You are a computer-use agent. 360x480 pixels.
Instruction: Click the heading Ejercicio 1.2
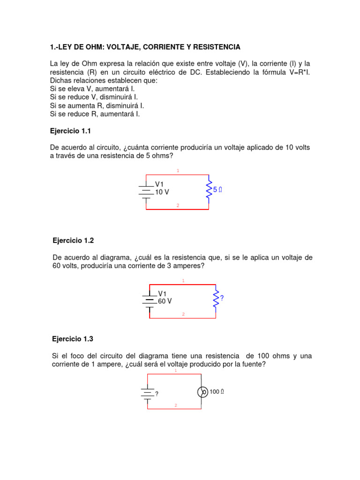tap(73, 240)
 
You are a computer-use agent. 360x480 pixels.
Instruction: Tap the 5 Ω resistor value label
tap(217, 190)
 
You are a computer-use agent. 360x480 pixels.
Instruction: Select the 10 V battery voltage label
tap(162, 192)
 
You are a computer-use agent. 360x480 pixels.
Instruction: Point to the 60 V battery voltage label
tap(165, 301)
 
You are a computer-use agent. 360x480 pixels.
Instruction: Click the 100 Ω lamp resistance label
tap(217, 392)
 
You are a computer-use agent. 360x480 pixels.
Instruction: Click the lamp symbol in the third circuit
tap(202, 392)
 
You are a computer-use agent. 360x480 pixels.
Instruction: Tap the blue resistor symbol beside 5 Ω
tap(209, 189)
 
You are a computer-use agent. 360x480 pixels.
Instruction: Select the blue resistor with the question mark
tap(216, 298)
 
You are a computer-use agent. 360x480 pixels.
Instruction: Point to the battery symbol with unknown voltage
tap(148, 392)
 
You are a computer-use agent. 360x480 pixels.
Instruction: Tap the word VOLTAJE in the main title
tap(124, 47)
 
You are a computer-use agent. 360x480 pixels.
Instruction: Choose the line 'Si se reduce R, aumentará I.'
tap(95, 114)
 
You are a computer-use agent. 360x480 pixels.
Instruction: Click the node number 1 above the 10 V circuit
tap(178, 171)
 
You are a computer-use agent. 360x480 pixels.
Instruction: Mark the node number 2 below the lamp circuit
tap(176, 405)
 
